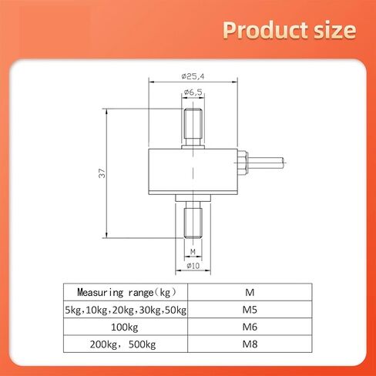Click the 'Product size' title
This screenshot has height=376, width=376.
(290, 30)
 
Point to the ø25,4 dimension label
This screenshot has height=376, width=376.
(193, 76)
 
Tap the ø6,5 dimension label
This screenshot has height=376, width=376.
(193, 92)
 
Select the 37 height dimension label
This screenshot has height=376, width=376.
(102, 173)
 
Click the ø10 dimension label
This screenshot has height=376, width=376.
(193, 266)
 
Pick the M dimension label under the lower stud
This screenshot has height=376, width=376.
(193, 252)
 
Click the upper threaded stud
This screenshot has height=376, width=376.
(193, 127)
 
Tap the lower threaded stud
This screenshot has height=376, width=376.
(193, 220)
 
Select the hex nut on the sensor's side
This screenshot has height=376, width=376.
(243, 163)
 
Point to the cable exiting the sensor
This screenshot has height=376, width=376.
(266, 163)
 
